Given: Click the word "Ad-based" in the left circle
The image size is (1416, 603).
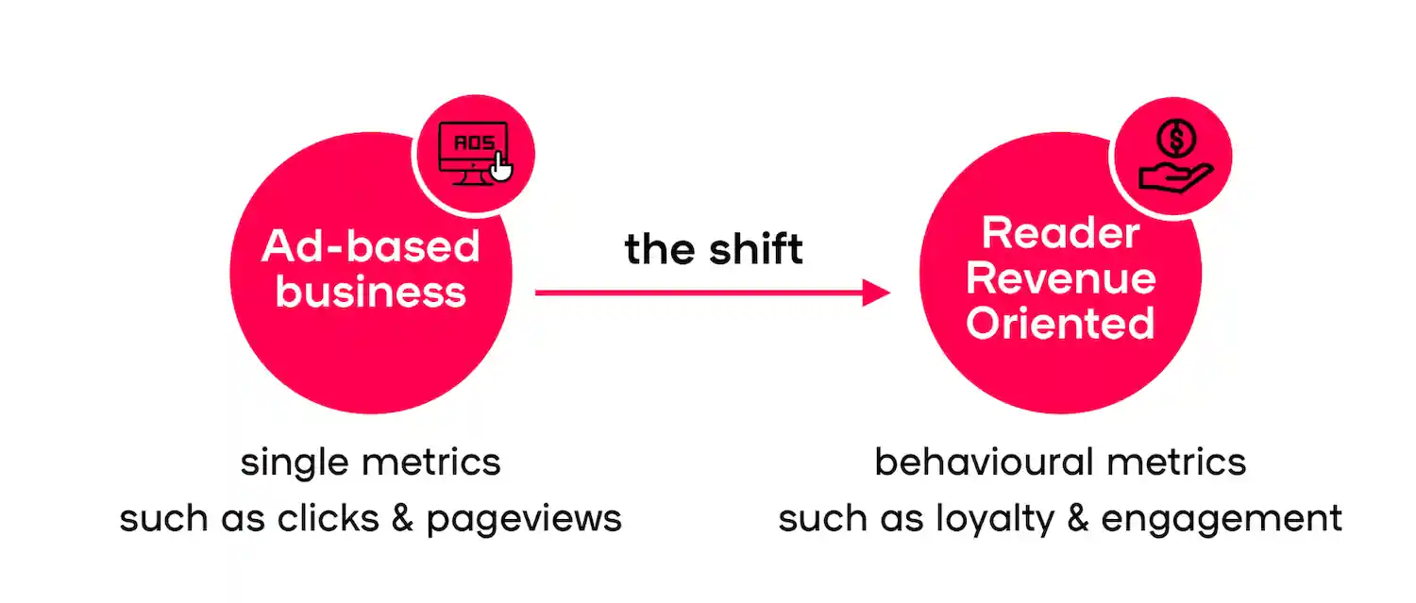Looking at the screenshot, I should pos(371,246).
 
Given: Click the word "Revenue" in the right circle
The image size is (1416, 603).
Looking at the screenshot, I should pos(1060,278).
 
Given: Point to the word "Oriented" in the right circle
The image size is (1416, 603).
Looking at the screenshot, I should pos(1060,324).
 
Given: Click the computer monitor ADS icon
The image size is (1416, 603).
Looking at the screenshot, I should pos(473,151).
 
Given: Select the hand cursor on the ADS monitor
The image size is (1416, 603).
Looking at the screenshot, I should pos(501,170).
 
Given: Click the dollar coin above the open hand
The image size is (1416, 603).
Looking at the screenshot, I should pos(1176,140).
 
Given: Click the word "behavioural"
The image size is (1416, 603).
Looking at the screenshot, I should pos(983,462).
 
